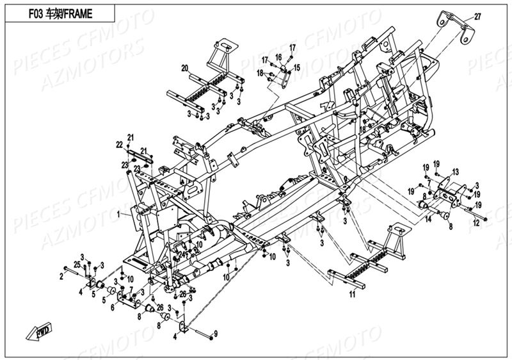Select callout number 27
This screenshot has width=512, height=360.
click(477, 17)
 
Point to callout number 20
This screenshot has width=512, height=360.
click(184, 68)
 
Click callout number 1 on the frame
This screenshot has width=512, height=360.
click(118, 216)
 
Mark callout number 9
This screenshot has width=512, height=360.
click(216, 332)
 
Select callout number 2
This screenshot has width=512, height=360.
click(62, 276)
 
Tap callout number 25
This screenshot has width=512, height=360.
click(77, 264)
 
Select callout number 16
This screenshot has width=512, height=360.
click(278, 57)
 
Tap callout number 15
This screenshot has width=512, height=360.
click(297, 67)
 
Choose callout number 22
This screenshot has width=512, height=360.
click(119, 147)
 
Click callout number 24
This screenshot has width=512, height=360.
click(182, 254)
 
